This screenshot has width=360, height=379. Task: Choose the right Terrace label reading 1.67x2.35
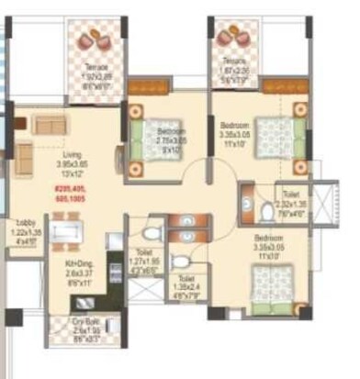[x=233, y=74]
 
